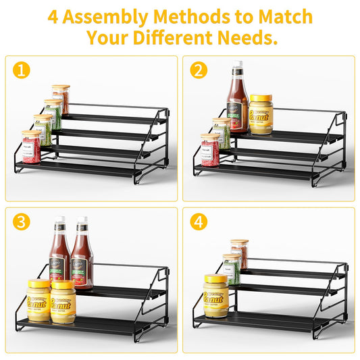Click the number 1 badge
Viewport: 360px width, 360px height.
22,70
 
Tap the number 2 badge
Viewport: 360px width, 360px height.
199,70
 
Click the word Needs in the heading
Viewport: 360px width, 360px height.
247,38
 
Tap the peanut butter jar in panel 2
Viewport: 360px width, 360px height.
261,114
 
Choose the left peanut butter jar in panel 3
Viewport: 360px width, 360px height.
38,301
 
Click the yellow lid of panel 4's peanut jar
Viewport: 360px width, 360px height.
215,278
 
